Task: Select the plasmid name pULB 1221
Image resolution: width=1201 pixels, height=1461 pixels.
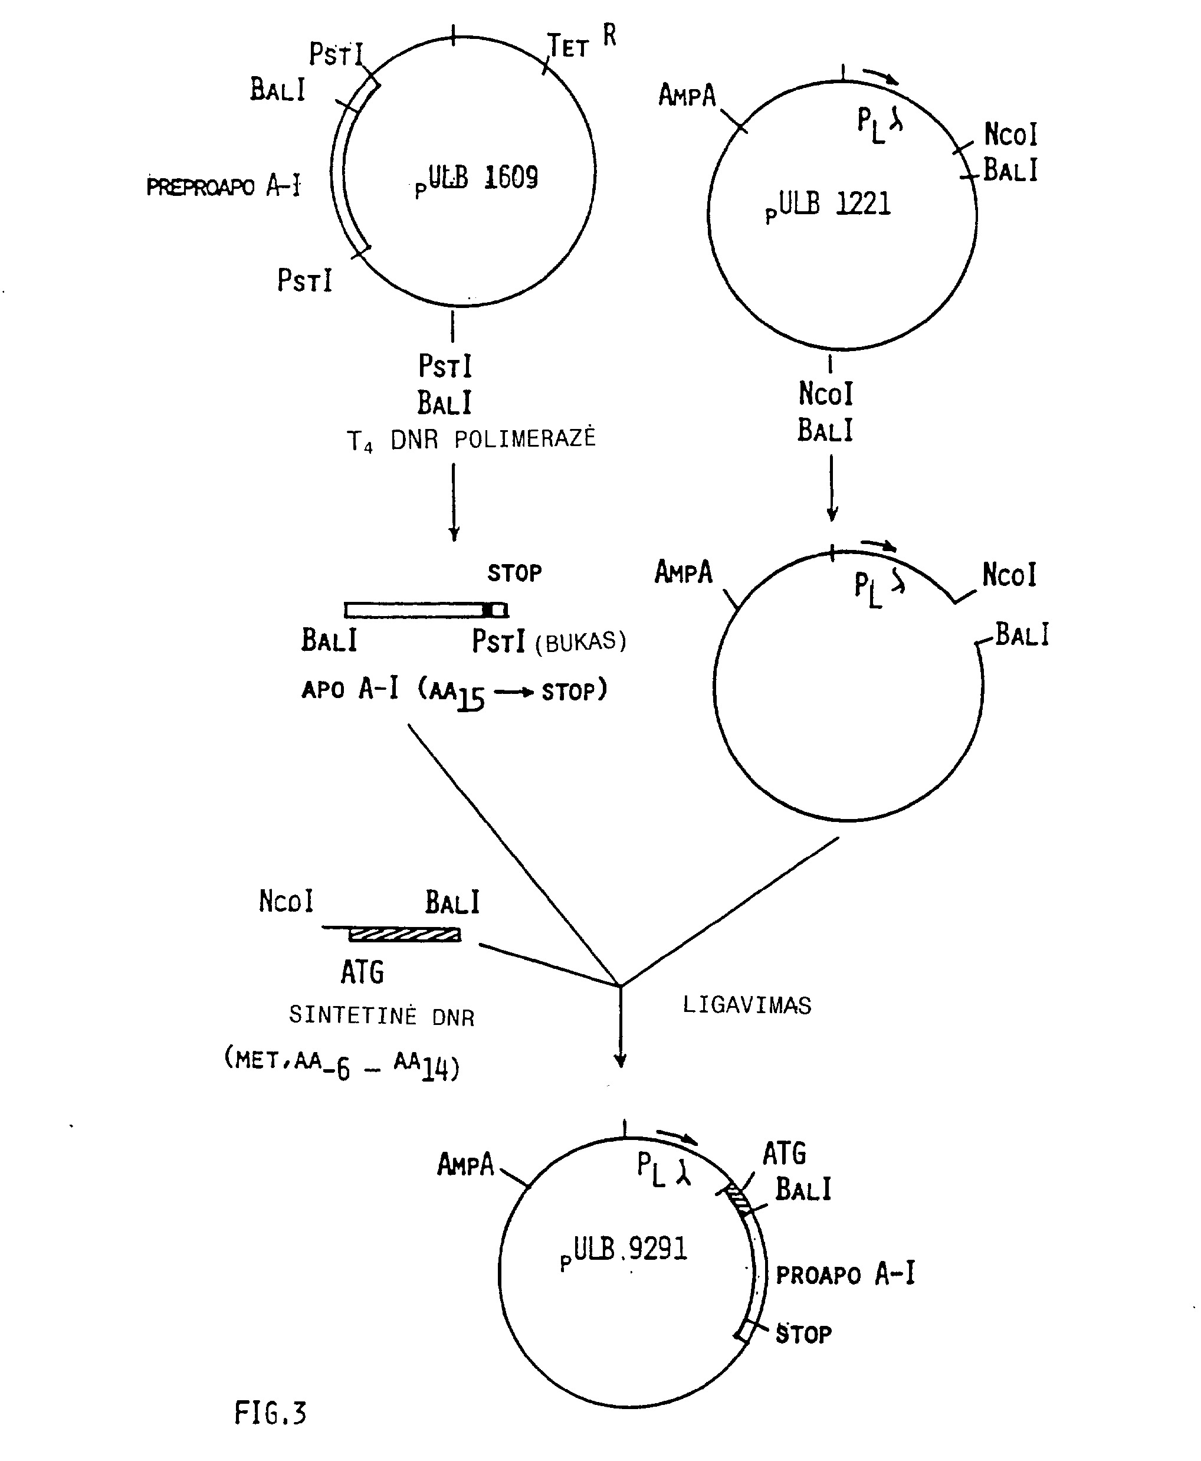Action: click(828, 205)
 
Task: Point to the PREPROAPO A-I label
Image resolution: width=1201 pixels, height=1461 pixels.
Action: click(224, 186)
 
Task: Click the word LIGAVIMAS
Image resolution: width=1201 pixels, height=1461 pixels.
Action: click(746, 1004)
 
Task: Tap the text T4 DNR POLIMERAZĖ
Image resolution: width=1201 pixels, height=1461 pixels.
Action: click(471, 439)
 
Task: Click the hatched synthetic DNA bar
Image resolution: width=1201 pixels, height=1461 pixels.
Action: click(405, 936)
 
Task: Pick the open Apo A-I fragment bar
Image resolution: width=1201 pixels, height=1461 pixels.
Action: click(426, 610)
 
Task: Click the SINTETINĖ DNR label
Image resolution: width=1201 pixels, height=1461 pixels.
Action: click(382, 1016)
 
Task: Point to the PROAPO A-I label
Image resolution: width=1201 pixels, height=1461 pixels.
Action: click(845, 1273)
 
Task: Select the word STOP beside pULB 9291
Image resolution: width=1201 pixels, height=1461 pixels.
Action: click(803, 1333)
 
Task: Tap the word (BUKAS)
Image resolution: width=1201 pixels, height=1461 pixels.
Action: click(581, 642)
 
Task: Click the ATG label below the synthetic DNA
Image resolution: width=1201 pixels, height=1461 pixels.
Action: click(362, 972)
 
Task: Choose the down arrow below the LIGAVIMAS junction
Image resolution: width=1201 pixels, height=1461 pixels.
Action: click(621, 1026)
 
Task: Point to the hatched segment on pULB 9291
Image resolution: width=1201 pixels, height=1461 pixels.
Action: click(738, 1201)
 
